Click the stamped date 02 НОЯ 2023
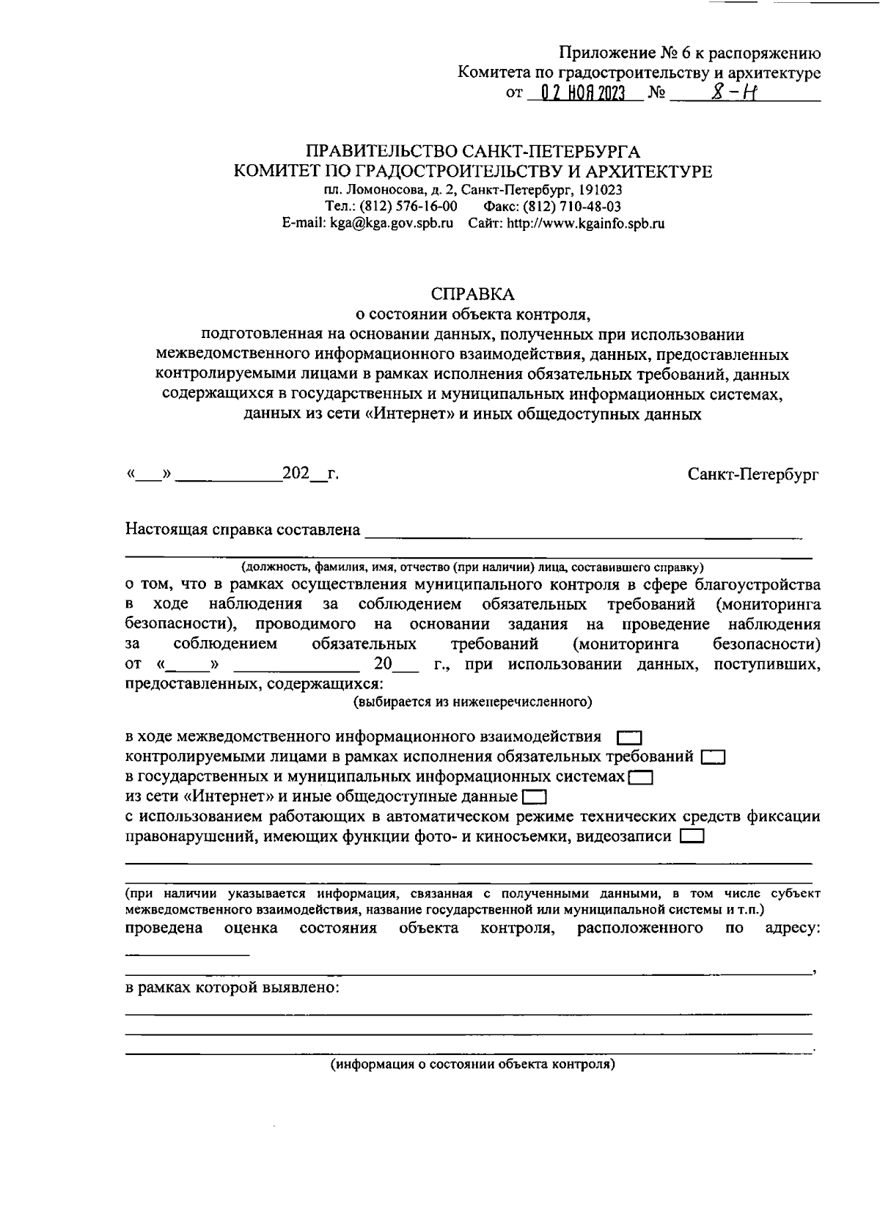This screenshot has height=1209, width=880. pos(582,94)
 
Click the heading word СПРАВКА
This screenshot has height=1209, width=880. pos(473,294)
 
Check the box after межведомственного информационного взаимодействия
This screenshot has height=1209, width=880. pos(630,737)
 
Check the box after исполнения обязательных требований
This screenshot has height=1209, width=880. pos(713,757)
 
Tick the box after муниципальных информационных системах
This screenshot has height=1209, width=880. pos(641,777)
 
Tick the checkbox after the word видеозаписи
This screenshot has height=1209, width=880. pos(692,837)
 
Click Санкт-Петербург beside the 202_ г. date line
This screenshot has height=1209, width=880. pos(753,474)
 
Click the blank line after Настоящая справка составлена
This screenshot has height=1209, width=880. pos(583,534)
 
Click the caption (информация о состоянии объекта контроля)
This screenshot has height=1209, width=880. pos(472,1065)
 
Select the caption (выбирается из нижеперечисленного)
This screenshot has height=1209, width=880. pos(473,702)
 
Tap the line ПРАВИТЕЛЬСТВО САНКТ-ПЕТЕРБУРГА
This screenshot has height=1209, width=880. pos(473,152)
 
